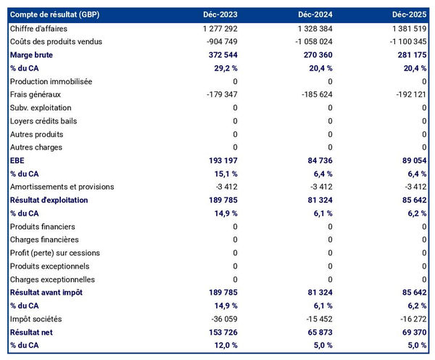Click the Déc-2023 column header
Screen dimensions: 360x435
click(x=220, y=15)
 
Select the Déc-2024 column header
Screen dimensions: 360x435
click(x=315, y=15)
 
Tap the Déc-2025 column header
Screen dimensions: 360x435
click(x=410, y=15)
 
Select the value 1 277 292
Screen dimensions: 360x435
click(x=215, y=28)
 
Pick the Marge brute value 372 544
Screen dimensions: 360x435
click(x=220, y=54)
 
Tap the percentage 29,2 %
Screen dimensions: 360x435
click(x=223, y=68)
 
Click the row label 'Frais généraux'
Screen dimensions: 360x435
click(x=36, y=94)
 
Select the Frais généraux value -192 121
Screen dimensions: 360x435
click(x=408, y=94)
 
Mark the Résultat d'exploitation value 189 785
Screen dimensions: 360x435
click(x=220, y=200)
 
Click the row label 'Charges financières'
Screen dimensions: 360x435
click(x=44, y=240)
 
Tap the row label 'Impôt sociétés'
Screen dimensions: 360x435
click(x=36, y=319)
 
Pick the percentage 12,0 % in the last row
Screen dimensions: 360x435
click(x=223, y=345)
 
